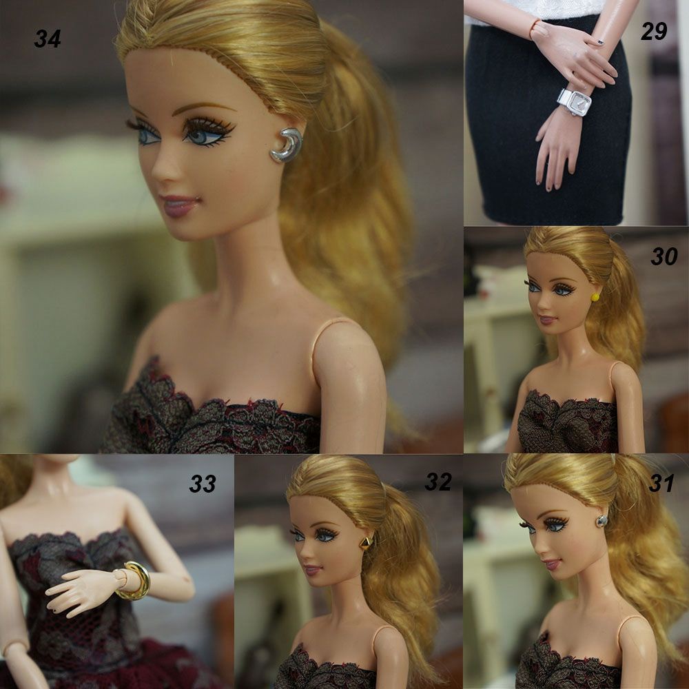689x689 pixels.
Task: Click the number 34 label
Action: coord(48,39)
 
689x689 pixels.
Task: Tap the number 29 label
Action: coord(653,31)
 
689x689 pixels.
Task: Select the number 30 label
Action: coord(664,257)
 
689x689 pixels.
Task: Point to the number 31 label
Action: coord(661,484)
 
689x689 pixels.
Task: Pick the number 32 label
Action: coord(438,482)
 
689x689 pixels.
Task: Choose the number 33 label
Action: coord(203,484)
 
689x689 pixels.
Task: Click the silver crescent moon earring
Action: coord(287,145)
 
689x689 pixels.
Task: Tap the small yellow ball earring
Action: coord(594,297)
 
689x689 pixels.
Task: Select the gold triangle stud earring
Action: coord(364,543)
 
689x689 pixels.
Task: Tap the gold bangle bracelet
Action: coord(136,580)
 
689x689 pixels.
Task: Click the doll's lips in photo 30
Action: coord(547,321)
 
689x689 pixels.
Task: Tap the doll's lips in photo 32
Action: coord(312,570)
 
